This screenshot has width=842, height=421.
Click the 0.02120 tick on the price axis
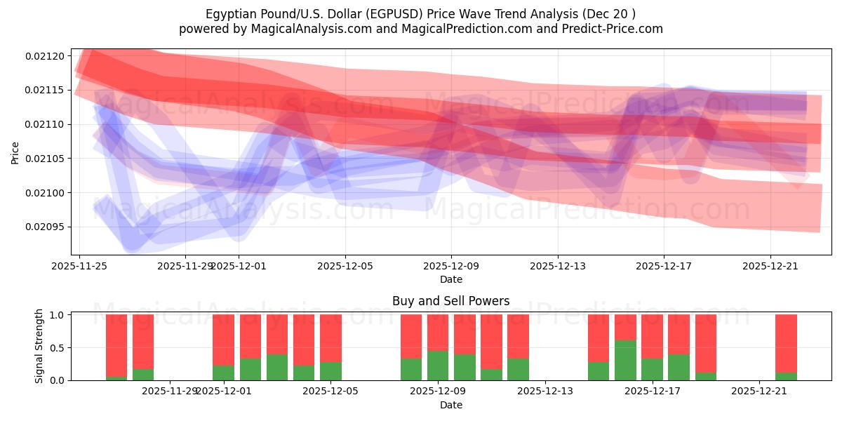[x=44, y=55]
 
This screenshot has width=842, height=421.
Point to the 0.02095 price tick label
[x=44, y=227]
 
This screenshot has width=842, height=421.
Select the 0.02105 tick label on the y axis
[x=44, y=159]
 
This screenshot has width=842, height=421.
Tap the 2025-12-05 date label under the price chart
[x=344, y=266]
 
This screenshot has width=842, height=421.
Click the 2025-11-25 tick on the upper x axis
[x=79, y=266]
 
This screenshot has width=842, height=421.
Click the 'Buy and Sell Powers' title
[x=450, y=301]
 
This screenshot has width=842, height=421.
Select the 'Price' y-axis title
[x=15, y=152]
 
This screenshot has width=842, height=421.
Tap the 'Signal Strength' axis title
[x=39, y=346]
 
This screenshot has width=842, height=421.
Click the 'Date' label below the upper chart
[x=450, y=279]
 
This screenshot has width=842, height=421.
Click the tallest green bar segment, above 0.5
[x=625, y=360]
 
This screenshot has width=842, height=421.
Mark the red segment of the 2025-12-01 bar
[x=223, y=340]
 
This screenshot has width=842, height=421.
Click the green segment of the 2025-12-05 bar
[x=330, y=371]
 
